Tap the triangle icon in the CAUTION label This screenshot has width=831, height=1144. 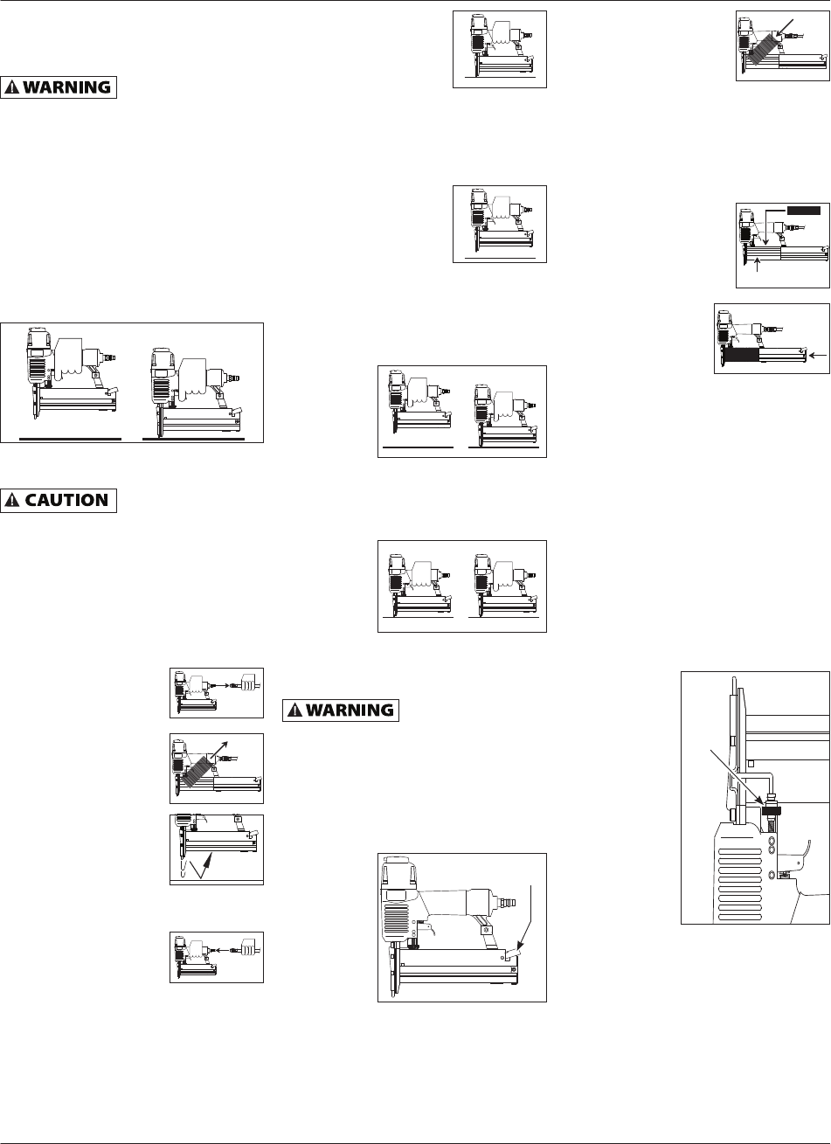[15, 501]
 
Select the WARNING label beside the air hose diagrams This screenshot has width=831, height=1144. [340, 711]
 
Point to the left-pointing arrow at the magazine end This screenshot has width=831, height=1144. [816, 355]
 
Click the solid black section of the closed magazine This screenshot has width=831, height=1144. [751, 355]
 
